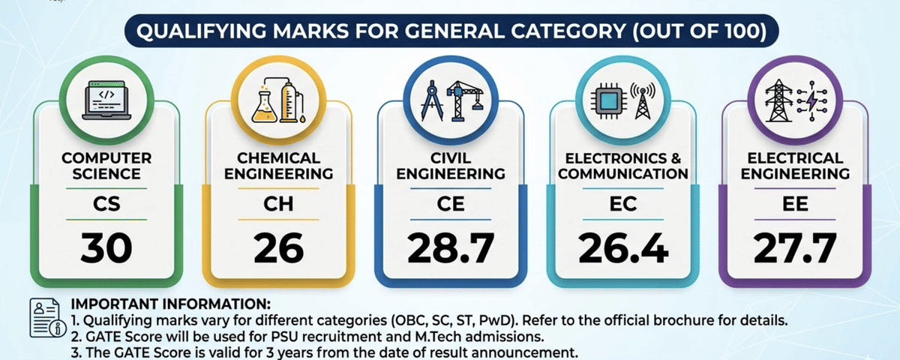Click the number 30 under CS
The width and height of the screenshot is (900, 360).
106,248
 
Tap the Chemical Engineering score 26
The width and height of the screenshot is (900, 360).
278,248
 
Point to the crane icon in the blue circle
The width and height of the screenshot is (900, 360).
463,99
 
